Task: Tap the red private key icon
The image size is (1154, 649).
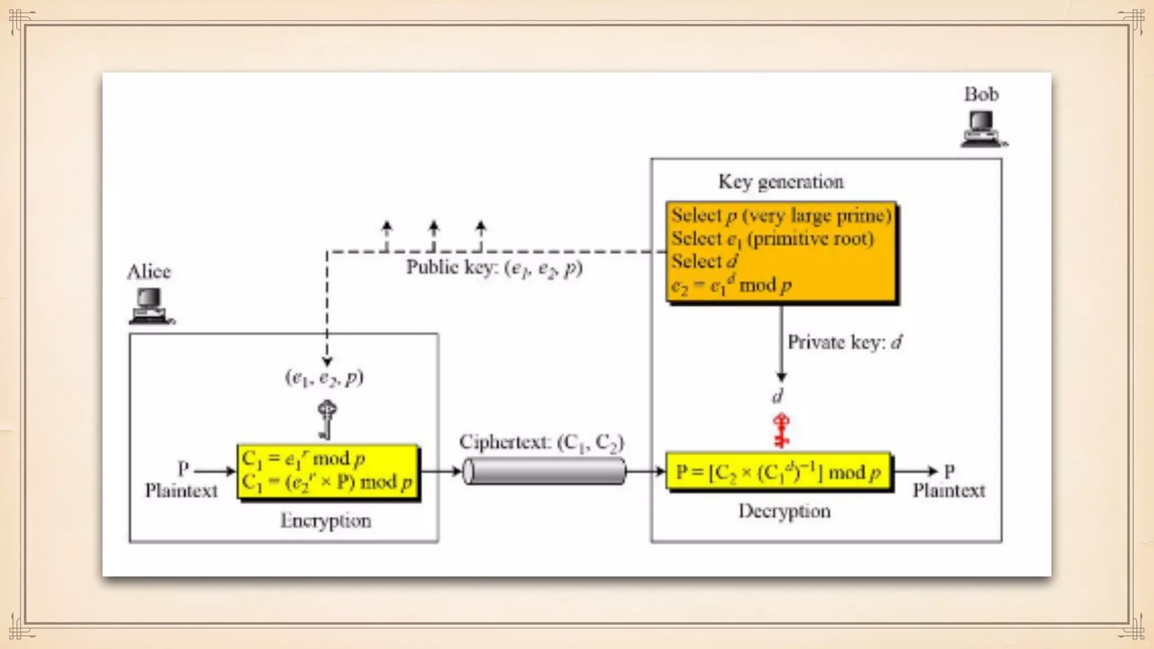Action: tap(781, 430)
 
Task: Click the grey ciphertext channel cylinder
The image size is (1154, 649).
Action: tap(544, 471)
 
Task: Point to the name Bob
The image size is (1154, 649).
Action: tap(981, 94)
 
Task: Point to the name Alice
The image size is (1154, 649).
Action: tap(149, 272)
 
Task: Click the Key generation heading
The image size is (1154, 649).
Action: tap(780, 182)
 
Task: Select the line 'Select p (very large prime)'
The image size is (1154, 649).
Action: tap(781, 216)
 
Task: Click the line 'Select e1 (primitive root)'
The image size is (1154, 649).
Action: tap(772, 239)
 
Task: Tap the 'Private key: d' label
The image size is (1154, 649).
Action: tap(844, 343)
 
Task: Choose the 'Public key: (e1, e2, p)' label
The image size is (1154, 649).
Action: tap(494, 268)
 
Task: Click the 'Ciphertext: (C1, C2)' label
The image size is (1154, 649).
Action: tap(542, 443)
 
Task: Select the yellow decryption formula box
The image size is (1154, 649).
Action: tap(778, 472)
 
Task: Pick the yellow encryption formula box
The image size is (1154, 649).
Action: tap(327, 471)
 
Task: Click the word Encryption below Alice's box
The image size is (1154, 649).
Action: tap(326, 521)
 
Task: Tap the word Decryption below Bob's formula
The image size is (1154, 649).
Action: tap(784, 512)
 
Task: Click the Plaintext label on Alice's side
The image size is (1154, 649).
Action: tap(181, 491)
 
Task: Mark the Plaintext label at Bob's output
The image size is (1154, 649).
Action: tap(949, 491)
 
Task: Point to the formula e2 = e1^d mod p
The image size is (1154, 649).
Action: tap(731, 286)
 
